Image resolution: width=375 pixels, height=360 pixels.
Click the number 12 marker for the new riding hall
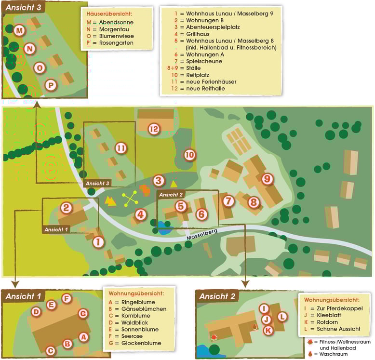[154, 129]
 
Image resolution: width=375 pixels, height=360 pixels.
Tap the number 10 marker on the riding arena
[189, 155]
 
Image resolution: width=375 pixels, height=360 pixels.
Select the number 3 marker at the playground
[159, 181]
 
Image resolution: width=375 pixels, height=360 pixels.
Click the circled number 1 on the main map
[98, 242]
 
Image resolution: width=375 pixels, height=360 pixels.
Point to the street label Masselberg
[202, 235]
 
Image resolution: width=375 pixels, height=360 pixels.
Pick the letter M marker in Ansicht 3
[20, 30]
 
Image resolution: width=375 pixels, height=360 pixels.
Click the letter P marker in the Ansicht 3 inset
[51, 85]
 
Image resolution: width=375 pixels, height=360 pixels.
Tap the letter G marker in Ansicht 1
[83, 314]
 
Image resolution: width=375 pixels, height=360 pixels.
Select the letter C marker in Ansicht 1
[51, 351]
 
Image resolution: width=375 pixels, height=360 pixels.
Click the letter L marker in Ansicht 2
[282, 317]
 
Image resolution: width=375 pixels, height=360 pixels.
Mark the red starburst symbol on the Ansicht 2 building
[214, 337]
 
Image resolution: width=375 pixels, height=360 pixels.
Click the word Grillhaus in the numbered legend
[198, 34]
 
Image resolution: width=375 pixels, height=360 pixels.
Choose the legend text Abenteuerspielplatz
[213, 27]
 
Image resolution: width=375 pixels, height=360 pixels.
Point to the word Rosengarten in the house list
[116, 43]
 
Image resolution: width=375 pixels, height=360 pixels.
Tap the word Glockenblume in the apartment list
[141, 343]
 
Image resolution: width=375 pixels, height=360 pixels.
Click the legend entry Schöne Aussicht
[338, 329]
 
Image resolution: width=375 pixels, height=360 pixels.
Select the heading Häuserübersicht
[109, 14]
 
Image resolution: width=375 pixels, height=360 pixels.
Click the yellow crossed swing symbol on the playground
[130, 199]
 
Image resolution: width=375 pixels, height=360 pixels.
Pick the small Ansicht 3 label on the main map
[97, 183]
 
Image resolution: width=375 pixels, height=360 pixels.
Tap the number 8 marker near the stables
[254, 202]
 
